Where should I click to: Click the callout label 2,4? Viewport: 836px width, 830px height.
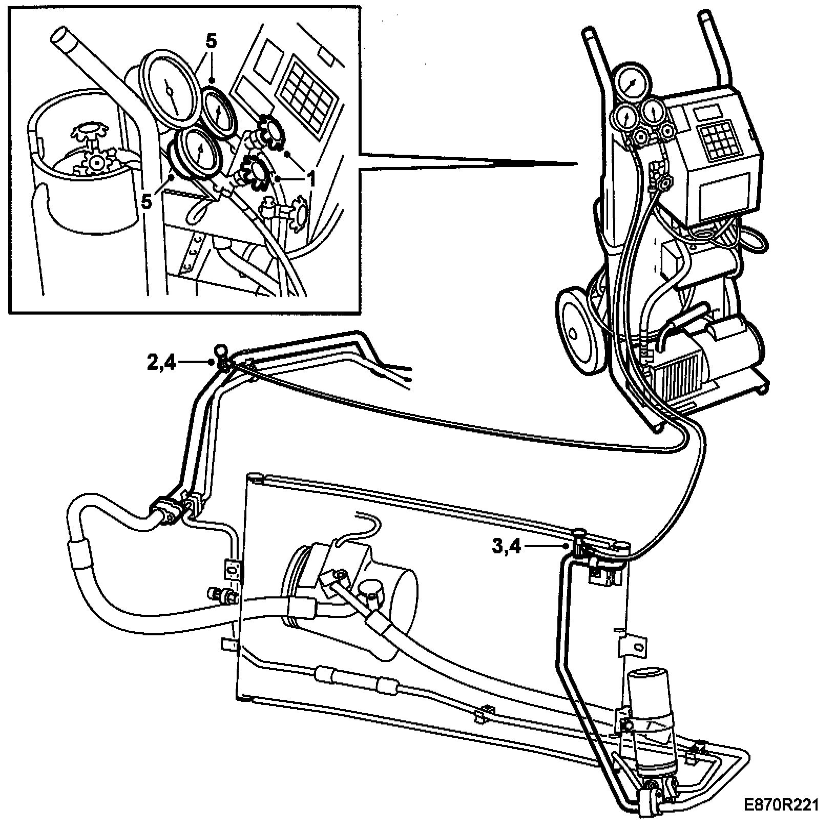(x=161, y=363)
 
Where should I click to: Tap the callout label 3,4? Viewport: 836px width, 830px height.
(x=506, y=547)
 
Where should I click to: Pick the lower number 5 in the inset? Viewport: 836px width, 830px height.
(x=147, y=201)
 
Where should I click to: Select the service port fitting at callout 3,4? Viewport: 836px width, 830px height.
(x=579, y=547)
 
